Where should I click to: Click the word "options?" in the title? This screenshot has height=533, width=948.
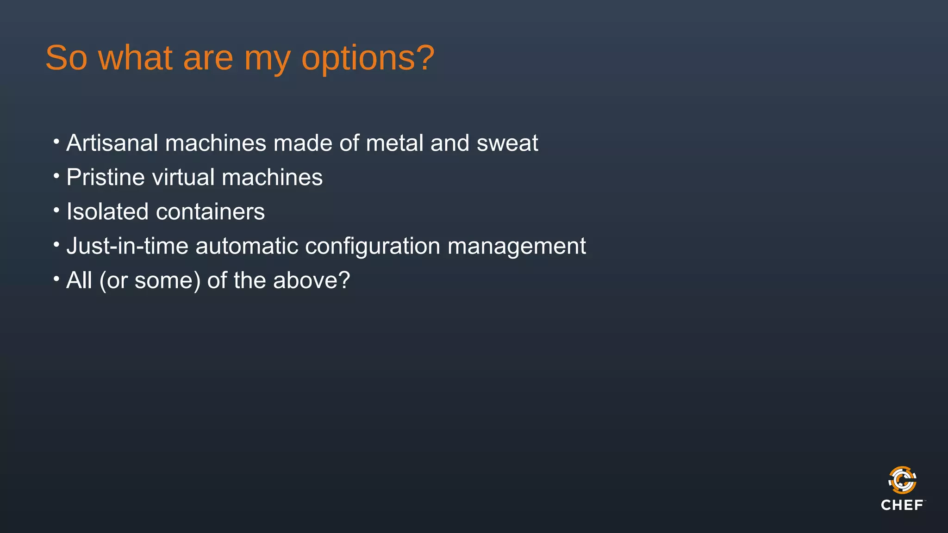point(368,59)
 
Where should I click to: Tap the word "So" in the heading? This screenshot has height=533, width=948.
point(66,58)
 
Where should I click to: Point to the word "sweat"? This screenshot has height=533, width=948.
point(507,143)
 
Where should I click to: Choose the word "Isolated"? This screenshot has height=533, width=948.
point(107,212)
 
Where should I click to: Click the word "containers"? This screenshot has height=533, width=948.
point(210,212)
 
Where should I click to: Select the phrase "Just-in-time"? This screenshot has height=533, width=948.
point(127,246)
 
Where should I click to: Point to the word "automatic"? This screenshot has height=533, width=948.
point(247,246)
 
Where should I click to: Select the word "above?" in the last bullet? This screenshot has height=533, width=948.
point(312,280)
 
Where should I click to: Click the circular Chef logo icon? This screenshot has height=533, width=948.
point(902,480)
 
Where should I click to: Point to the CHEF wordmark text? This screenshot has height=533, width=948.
point(902,505)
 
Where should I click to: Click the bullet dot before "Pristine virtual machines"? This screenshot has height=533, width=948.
point(56,176)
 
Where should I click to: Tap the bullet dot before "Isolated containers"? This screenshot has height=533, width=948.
point(56,211)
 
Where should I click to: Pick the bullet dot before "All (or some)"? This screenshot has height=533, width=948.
point(56,279)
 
